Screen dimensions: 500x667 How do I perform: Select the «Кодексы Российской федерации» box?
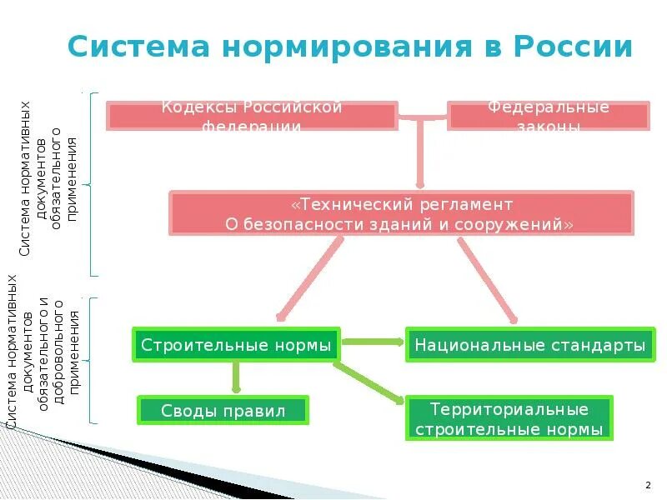click(252, 116)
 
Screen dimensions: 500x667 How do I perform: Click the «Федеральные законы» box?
click(548, 116)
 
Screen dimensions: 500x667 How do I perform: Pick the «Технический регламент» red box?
click(401, 214)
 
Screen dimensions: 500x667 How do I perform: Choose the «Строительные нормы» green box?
click(236, 344)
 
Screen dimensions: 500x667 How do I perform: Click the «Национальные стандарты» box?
click(529, 344)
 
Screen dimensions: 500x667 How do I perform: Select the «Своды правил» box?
click(223, 410)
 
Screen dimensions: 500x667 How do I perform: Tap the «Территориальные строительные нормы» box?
click(509, 418)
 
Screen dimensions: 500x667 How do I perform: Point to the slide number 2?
click(648, 484)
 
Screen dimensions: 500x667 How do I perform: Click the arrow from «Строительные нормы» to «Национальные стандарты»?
click(373, 341)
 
